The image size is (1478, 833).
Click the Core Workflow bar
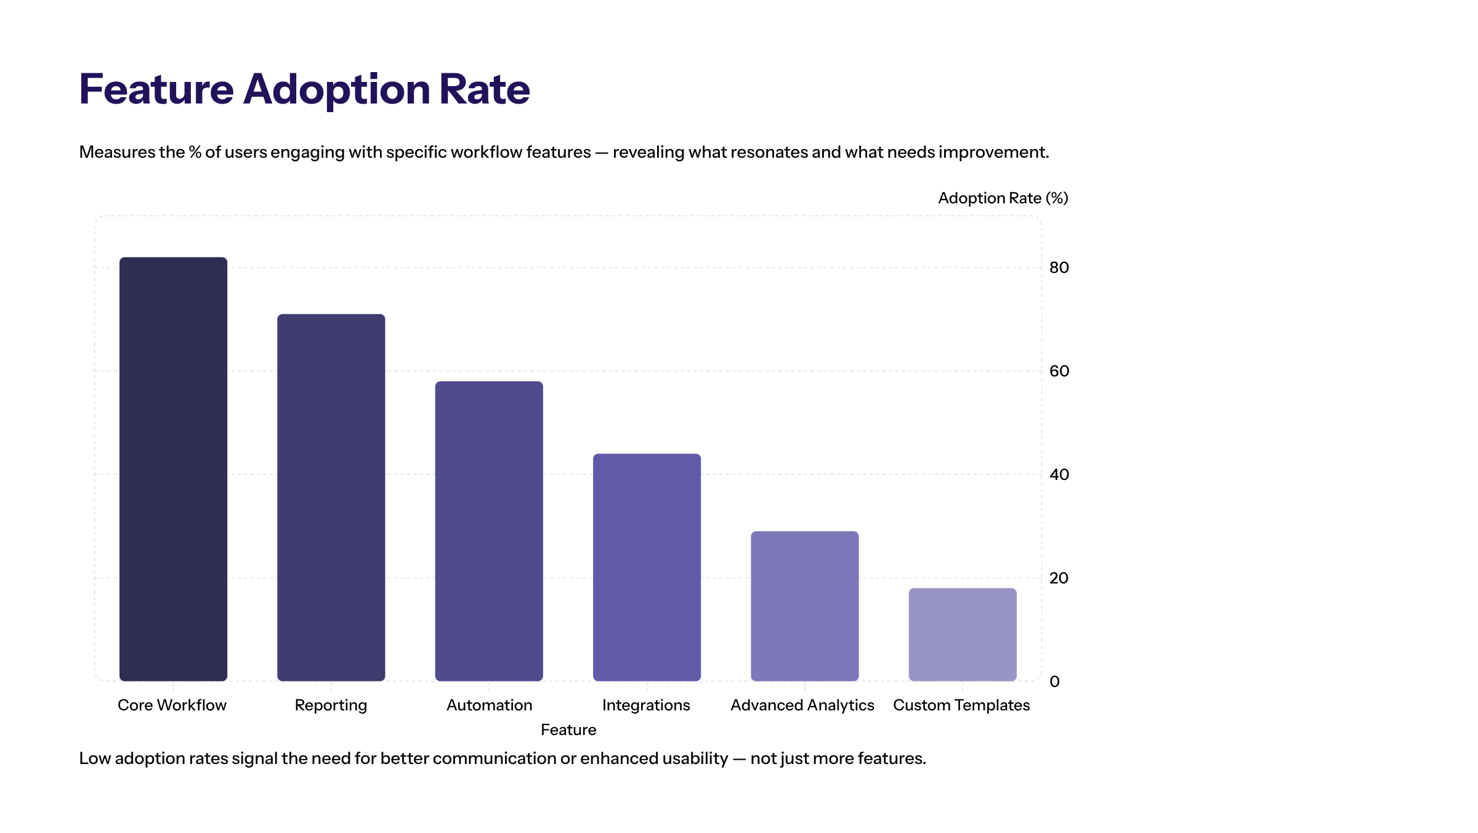pyautogui.click(x=173, y=469)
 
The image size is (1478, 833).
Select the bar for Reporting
pyautogui.click(x=331, y=497)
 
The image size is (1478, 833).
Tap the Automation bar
pyautogui.click(x=489, y=531)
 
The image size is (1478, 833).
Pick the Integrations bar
pyautogui.click(x=647, y=567)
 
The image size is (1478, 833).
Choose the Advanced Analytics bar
pyautogui.click(x=804, y=606)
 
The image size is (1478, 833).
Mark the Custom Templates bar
pyautogui.click(x=963, y=634)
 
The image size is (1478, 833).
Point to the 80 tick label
pyautogui.click(x=1059, y=267)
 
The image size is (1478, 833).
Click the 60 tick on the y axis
pyautogui.click(x=1059, y=371)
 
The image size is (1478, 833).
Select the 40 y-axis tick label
pyautogui.click(x=1059, y=474)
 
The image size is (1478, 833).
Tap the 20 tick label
pyautogui.click(x=1059, y=578)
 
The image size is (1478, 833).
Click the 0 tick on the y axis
pyautogui.click(x=1054, y=681)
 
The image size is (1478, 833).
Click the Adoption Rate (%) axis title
pyautogui.click(x=1003, y=198)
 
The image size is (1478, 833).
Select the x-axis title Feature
pyautogui.click(x=568, y=729)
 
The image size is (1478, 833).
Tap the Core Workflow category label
pyautogui.click(x=172, y=705)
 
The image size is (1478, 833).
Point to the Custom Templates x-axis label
pyautogui.click(x=961, y=705)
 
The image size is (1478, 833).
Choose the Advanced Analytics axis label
pyautogui.click(x=802, y=705)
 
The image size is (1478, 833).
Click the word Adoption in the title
pyautogui.click(x=337, y=90)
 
